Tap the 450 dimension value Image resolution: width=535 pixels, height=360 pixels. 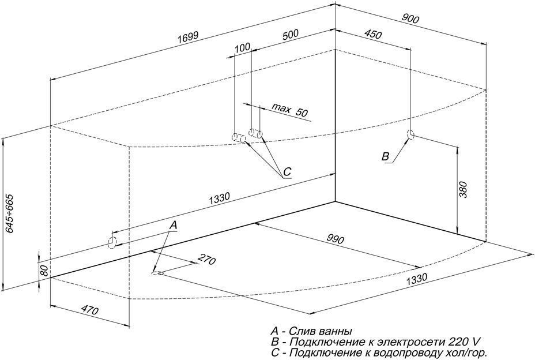point(373,35)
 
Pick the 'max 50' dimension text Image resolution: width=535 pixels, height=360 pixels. point(290,110)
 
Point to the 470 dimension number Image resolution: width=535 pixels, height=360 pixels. point(89,310)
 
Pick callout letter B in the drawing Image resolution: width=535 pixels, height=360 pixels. point(386,157)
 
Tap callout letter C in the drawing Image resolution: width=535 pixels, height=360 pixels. point(287,171)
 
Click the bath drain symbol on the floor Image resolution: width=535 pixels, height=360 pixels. point(157,272)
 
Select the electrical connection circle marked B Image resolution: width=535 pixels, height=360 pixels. point(411,135)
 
